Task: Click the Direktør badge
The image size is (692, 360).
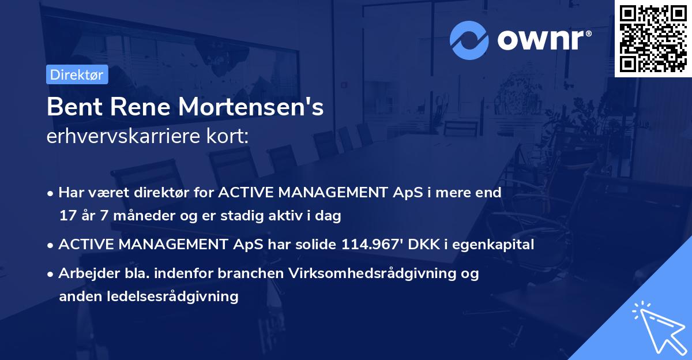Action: coord(77,74)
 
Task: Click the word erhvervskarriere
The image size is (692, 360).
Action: coord(125,137)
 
